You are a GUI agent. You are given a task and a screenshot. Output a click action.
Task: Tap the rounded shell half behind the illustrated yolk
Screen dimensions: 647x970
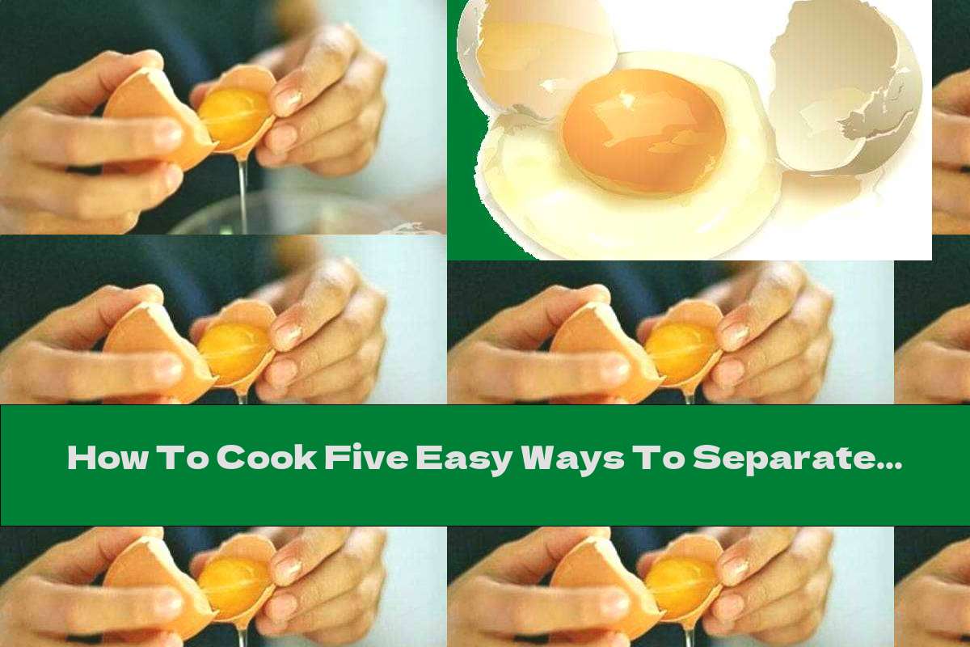click(x=533, y=57)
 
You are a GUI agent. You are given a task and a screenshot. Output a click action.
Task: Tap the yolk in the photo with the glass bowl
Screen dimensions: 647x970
click(x=234, y=113)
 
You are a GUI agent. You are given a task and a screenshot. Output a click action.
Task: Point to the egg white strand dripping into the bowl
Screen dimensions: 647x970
click(x=242, y=186)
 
